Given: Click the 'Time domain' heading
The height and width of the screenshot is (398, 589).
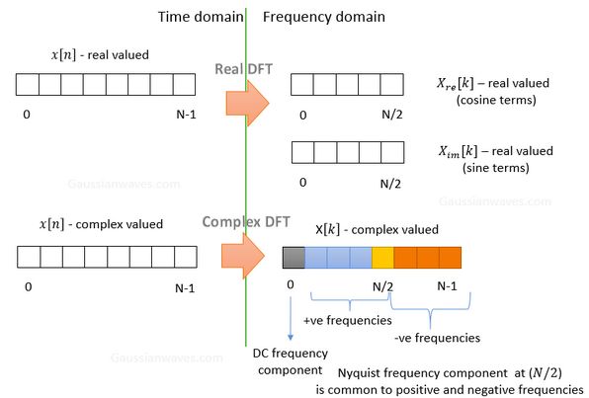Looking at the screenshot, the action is (x=201, y=17).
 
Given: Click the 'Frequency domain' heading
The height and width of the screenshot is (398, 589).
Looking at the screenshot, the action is (x=324, y=17).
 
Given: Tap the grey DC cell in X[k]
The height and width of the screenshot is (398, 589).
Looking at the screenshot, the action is (x=294, y=258).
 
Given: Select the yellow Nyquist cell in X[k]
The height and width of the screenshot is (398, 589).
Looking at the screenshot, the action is (x=382, y=258).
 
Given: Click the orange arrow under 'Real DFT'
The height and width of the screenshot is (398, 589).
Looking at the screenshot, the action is (x=247, y=103).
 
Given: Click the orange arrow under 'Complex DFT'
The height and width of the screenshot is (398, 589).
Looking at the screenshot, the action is (x=243, y=256).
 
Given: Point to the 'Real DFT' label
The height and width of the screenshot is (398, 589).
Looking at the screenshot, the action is (x=243, y=69).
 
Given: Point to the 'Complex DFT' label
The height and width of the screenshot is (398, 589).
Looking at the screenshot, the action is (x=246, y=222).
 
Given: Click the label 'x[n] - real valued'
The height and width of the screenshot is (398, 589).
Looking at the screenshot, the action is (x=100, y=55).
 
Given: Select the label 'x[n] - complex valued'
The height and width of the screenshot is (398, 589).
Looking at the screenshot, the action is (x=101, y=224).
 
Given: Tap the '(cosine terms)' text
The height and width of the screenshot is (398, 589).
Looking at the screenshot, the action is (x=496, y=100).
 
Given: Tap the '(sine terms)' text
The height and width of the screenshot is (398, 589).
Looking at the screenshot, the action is (x=496, y=168).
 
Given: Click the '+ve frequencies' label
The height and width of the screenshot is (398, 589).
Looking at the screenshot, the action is (x=348, y=320).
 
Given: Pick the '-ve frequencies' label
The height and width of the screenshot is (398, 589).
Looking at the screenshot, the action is (x=437, y=338).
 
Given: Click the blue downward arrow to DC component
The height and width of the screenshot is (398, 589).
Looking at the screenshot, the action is (x=291, y=318).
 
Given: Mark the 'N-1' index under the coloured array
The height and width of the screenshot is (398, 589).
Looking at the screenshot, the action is (x=447, y=286).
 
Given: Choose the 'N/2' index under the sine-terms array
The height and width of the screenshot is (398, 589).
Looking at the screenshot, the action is (x=390, y=184).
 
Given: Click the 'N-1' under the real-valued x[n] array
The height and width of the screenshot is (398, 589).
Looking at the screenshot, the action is (x=187, y=115).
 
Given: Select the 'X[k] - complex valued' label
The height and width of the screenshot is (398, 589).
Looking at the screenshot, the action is (x=377, y=229).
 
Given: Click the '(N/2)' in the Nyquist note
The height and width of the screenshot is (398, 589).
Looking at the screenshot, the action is (x=546, y=373).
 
